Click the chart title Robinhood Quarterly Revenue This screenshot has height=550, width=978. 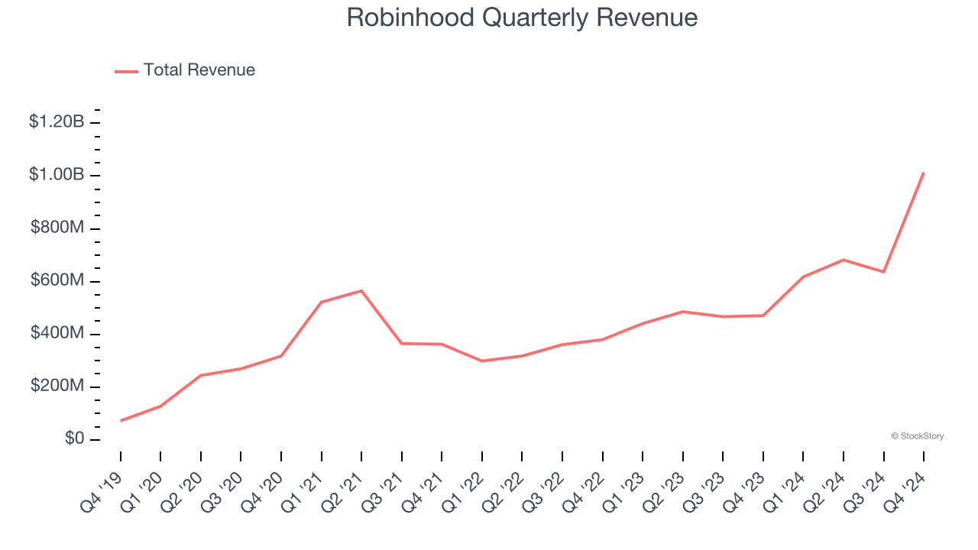pos(522,18)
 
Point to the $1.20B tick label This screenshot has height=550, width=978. pos(57,121)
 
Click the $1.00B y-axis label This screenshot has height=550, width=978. pos(57,175)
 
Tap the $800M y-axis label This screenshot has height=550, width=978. pos(57,228)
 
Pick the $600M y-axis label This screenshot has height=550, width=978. pos(57,280)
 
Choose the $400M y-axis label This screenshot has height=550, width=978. pos(57,334)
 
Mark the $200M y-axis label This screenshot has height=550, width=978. pos(57,387)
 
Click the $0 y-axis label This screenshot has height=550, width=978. pos(73,439)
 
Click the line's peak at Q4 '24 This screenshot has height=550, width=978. pos(924,173)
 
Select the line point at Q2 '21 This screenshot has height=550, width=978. pos(361,290)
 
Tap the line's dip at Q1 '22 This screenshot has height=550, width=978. pos(482,361)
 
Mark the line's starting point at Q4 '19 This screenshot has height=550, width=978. pos(121,421)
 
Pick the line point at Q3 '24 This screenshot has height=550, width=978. pos(884,272)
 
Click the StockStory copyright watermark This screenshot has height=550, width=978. pos(917,436)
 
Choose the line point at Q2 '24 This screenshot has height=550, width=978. pos(844,260)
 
